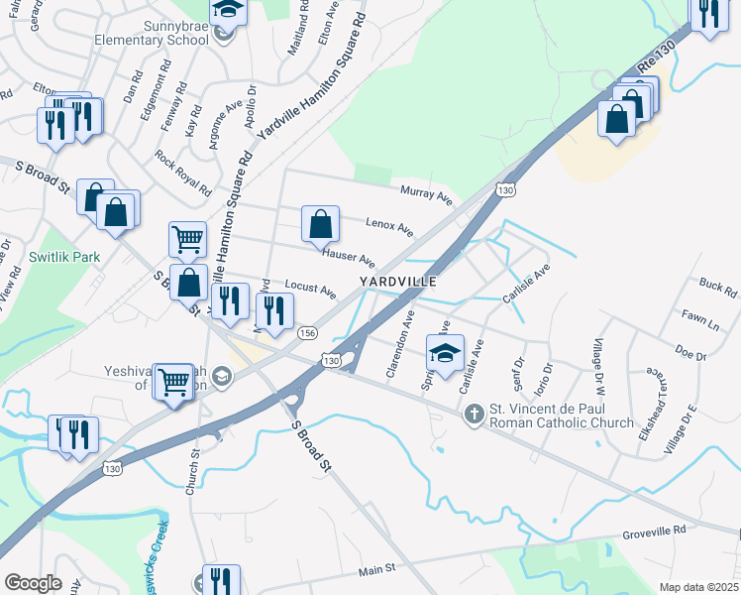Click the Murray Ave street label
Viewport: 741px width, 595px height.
426,194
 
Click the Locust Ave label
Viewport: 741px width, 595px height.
310,289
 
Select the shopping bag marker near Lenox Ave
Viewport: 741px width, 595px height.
321,226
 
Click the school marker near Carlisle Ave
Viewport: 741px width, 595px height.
445,353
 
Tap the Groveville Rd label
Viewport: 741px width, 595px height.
654,532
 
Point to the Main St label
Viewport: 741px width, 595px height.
376,569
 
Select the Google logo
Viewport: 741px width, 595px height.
33,583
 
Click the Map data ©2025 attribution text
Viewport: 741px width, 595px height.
697,587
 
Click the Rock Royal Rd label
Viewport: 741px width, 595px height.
184,172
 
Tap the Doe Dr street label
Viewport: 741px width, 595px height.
689,352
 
